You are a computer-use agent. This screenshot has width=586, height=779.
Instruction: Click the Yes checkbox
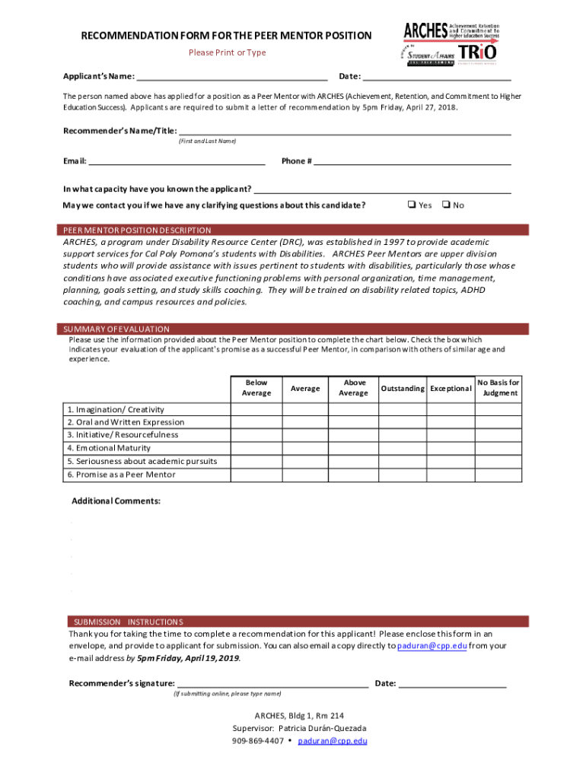411,205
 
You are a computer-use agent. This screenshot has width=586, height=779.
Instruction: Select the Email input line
177,161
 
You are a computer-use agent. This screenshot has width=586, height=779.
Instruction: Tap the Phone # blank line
412,161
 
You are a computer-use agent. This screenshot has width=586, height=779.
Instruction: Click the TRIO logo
478,52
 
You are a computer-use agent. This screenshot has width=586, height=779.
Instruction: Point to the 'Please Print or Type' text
228,52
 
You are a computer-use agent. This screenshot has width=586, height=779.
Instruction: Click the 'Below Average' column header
256,388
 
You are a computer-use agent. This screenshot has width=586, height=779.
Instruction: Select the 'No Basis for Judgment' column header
498,388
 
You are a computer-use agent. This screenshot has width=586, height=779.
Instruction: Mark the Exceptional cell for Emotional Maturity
451,448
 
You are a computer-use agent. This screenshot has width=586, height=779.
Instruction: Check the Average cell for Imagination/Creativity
305,409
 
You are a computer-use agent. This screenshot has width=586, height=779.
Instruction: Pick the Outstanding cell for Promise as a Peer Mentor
402,475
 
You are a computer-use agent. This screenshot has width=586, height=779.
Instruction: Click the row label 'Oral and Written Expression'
126,422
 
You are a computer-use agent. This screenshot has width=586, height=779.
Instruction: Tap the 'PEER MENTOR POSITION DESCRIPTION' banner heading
137,231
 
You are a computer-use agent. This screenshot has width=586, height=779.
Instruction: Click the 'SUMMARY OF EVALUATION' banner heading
116,329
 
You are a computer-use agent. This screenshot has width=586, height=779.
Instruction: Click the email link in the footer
333,740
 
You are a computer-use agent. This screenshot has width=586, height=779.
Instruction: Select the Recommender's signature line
272,683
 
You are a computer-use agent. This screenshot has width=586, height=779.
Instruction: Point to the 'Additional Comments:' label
116,501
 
